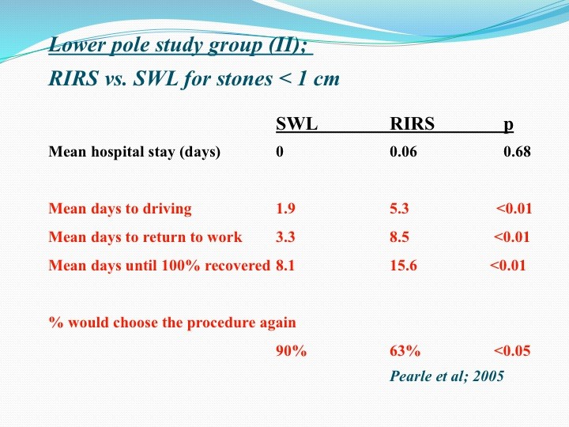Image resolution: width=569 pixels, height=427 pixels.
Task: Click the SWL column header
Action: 296,124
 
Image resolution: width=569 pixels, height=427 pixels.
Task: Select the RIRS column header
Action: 412,124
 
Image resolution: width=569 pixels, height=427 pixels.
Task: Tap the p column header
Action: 508,125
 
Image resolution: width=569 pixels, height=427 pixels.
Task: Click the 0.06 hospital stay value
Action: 403,151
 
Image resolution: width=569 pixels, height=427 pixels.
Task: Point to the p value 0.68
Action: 517,151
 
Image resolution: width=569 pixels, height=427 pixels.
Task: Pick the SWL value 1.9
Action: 285,209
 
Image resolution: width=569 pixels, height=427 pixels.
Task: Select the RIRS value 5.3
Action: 399,209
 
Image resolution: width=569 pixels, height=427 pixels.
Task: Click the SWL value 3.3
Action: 285,236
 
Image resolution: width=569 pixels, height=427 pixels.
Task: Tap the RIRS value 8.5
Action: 399,236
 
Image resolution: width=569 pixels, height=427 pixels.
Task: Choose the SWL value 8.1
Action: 285,266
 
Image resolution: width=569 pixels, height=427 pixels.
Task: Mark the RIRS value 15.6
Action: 403,266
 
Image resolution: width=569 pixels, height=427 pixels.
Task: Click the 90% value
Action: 292,351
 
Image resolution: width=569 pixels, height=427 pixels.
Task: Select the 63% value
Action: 405,351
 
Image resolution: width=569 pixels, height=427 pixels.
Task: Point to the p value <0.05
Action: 512,351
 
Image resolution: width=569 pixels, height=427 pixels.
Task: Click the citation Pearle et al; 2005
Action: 447,376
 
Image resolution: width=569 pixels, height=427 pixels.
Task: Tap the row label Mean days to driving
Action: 120,209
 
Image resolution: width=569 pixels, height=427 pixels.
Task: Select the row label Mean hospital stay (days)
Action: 134,152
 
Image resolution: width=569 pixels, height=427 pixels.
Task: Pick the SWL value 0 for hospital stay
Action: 280,151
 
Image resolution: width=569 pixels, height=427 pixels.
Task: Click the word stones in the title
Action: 244,79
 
